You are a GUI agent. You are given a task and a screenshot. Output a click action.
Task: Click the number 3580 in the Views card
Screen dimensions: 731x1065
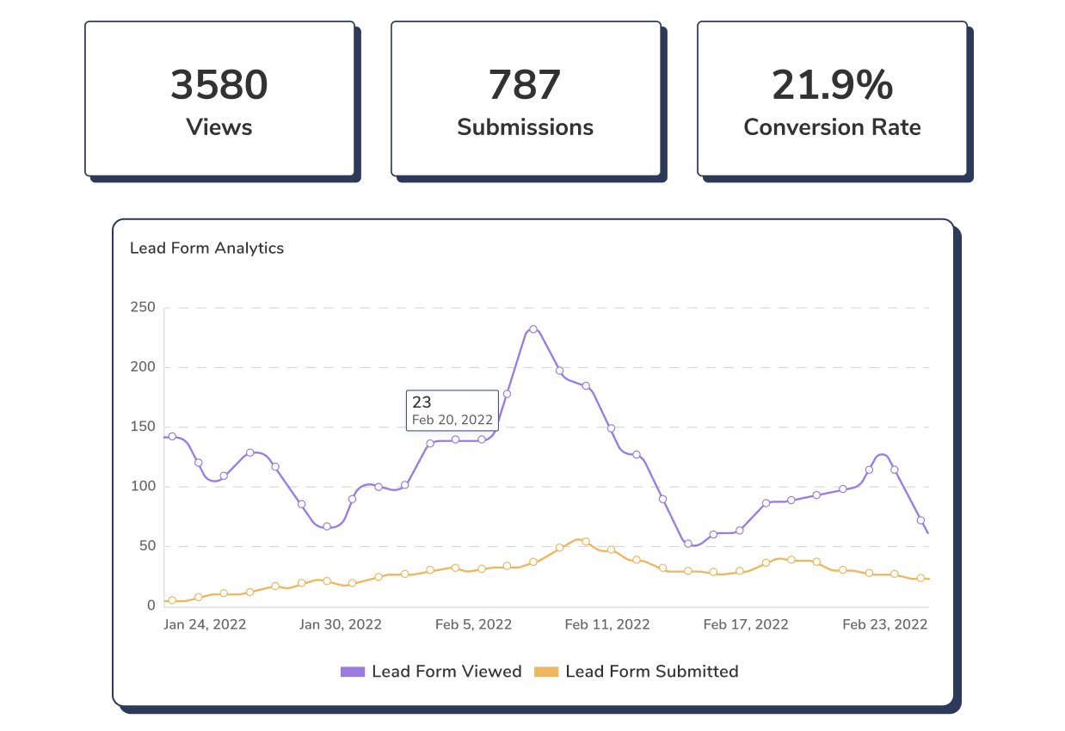tap(219, 85)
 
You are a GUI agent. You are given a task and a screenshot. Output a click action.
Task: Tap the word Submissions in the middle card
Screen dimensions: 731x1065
tap(525, 127)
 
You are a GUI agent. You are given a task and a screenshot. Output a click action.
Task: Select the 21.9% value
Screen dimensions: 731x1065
tap(832, 85)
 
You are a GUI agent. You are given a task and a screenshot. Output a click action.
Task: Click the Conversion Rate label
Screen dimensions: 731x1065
tap(832, 127)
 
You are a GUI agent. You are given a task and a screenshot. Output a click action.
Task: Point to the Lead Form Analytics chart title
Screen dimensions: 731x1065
tap(206, 248)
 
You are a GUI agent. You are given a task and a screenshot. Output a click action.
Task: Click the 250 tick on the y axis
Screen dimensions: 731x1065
tap(143, 307)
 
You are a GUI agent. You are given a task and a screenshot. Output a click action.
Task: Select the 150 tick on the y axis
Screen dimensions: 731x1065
tap(143, 427)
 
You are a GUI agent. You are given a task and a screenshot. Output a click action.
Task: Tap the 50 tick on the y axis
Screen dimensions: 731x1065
tap(146, 546)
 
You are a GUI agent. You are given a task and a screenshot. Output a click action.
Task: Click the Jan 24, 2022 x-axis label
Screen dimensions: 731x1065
tap(205, 624)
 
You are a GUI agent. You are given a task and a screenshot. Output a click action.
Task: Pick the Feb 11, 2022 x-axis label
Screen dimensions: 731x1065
tap(607, 624)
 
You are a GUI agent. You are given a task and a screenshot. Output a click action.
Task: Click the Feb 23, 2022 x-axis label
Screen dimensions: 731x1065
tap(885, 624)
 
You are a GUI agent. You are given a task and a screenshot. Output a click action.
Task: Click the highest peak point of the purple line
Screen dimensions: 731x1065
tap(533, 329)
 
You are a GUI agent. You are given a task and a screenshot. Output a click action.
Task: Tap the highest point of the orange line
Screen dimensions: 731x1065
tap(585, 542)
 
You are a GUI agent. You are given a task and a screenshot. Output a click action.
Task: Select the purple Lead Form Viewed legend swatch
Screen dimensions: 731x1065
tap(354, 672)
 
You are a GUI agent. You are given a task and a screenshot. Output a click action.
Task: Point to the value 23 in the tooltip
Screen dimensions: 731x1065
tap(422, 402)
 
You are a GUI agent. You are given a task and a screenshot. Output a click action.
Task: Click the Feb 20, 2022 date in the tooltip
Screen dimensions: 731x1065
tap(452, 420)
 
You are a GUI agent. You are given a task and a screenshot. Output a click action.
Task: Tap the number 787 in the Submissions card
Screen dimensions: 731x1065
tap(525, 85)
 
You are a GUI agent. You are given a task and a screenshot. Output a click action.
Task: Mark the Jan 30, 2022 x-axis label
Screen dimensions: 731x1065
tap(341, 624)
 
